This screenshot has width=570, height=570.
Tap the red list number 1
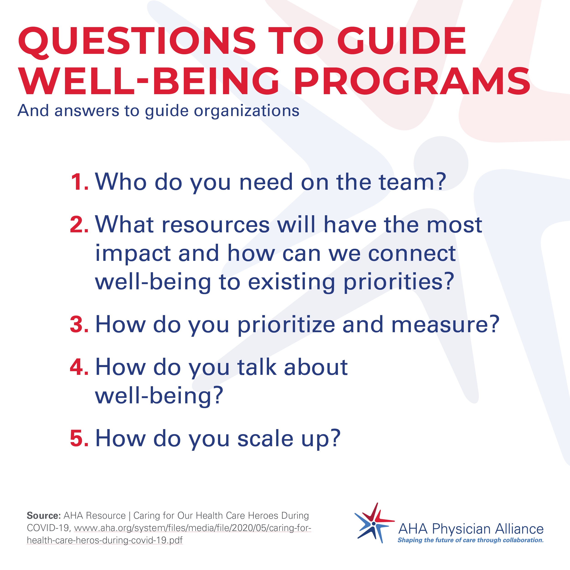[x=80, y=182]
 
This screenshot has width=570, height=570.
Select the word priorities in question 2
[x=399, y=282]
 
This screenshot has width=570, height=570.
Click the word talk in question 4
[x=257, y=367]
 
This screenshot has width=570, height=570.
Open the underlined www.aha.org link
[x=169, y=534]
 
